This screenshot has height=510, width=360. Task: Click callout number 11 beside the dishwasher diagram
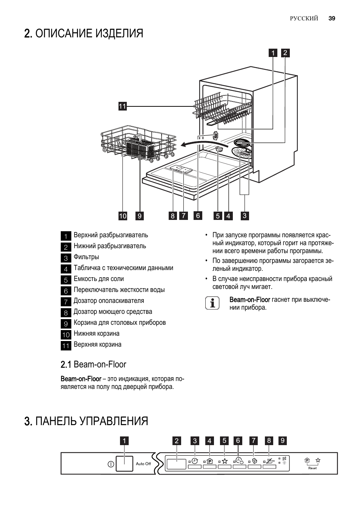click(122, 106)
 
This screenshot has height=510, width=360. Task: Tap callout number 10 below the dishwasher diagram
click(123, 216)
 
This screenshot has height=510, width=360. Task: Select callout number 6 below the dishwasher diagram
click(198, 215)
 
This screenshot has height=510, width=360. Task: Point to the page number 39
click(332, 18)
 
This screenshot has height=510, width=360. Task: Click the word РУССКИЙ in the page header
click(304, 18)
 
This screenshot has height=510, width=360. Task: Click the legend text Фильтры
click(86, 257)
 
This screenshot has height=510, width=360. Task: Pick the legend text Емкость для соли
click(99, 279)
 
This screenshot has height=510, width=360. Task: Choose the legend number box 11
click(66, 345)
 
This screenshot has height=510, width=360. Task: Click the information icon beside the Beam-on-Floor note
click(212, 303)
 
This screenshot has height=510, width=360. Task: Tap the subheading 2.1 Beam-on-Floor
click(94, 364)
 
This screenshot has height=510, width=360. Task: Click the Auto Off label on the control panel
click(143, 464)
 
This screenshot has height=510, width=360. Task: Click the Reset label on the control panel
click(312, 468)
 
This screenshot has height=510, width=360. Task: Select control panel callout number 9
click(283, 441)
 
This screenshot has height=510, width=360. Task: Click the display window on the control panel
click(176, 464)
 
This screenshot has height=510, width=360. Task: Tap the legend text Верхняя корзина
click(97, 345)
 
